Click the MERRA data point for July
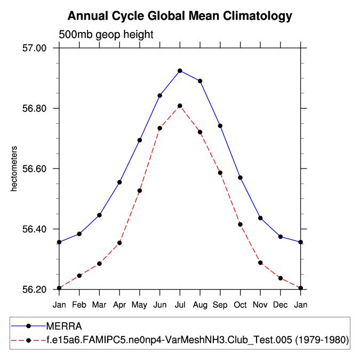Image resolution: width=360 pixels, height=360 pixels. click(x=180, y=70)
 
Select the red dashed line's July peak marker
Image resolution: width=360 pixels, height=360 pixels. click(x=180, y=106)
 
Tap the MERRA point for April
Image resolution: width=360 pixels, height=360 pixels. click(x=119, y=182)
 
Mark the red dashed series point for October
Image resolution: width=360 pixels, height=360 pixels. click(x=241, y=225)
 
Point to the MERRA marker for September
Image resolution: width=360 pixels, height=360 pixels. click(x=220, y=126)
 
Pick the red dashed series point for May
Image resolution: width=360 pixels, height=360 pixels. click(x=140, y=190)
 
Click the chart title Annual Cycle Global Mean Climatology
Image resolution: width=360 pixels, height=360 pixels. click(x=180, y=16)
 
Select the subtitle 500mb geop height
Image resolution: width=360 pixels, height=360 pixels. click(x=106, y=35)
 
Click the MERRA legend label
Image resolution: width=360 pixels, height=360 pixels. click(x=63, y=325)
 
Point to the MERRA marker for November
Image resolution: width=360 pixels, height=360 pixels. click(x=260, y=218)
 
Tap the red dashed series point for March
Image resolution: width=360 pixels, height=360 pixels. click(x=99, y=263)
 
